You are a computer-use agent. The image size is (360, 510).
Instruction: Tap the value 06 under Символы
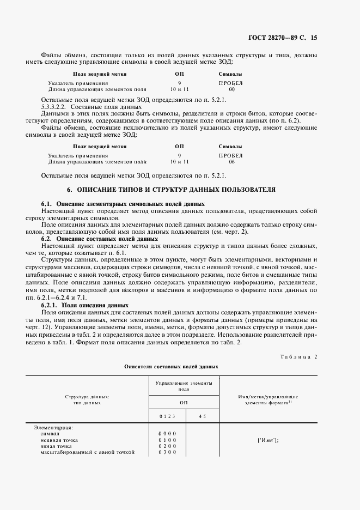click(x=231, y=162)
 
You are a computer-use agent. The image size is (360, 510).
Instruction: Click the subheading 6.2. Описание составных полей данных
click(x=100, y=239)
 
